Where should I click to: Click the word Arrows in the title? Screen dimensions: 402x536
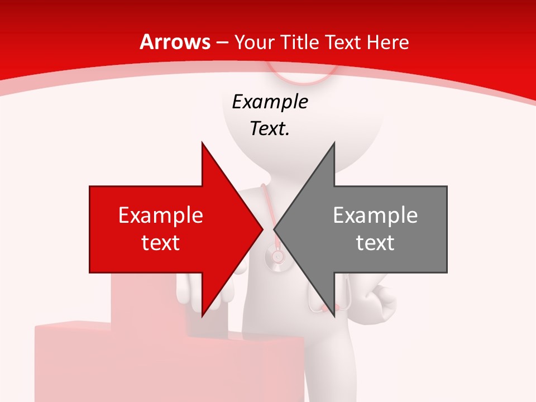pyautogui.click(x=175, y=42)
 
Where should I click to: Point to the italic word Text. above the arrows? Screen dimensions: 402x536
pyautogui.click(x=270, y=129)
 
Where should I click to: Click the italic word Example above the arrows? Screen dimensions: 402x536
pyautogui.click(x=270, y=102)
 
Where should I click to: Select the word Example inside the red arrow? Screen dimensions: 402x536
pyautogui.click(x=161, y=216)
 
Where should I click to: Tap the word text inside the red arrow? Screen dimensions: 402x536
pyautogui.click(x=161, y=242)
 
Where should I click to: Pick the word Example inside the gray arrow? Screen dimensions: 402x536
pyautogui.click(x=375, y=216)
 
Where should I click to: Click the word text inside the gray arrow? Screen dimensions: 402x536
pyautogui.click(x=375, y=242)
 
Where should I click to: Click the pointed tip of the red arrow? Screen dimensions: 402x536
pyautogui.click(x=263, y=229)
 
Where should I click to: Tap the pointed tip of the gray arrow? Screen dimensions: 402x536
pyautogui.click(x=274, y=229)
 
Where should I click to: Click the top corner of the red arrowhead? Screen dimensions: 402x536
pyautogui.click(x=202, y=143)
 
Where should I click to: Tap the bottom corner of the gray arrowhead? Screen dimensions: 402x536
pyautogui.click(x=334, y=315)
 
